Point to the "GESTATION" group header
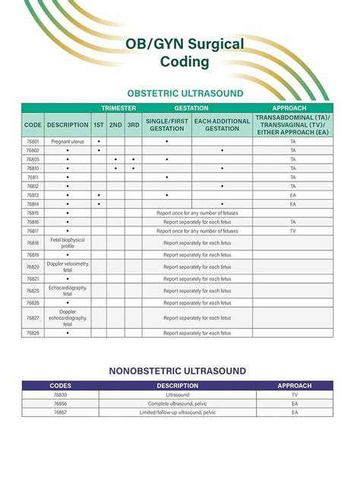click(192, 108)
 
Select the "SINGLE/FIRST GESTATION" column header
click(166, 125)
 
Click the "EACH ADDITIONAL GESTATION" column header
click(221, 125)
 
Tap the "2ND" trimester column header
click(115, 125)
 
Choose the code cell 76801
click(33, 142)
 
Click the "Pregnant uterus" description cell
click(67, 142)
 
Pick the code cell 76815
click(33, 213)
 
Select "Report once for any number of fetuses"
click(197, 213)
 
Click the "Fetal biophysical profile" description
click(67, 243)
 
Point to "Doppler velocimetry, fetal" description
click(67, 267)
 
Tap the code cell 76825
click(33, 291)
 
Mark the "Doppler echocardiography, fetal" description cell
click(67, 318)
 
